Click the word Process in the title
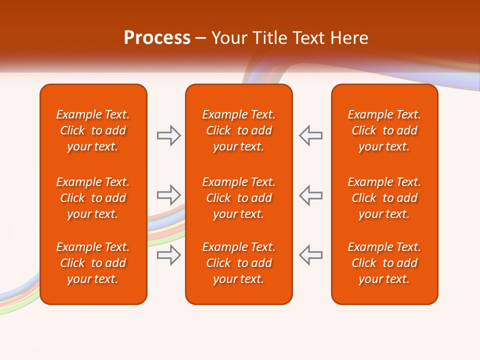[157, 38]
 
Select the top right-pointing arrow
[168, 135]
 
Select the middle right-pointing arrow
[168, 195]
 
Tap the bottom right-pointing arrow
[168, 255]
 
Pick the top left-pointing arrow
[311, 135]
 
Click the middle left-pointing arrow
[311, 195]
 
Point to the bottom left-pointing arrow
[311, 255]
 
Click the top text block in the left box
[93, 130]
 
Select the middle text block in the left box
[93, 198]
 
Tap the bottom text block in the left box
[93, 263]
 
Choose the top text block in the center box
[239, 130]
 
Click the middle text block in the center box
[239, 198]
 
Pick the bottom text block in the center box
[239, 263]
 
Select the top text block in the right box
[384, 130]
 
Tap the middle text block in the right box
[384, 198]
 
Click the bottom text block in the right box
[384, 263]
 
